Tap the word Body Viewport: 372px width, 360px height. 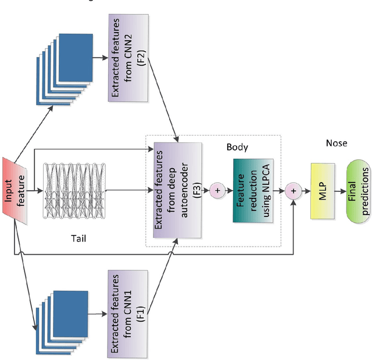tap(237, 147)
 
